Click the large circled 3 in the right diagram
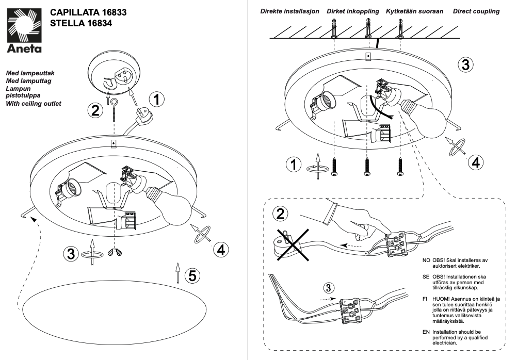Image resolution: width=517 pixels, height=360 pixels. (465, 65)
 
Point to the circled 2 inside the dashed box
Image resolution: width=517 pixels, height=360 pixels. (280, 214)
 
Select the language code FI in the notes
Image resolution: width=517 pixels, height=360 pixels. (426, 299)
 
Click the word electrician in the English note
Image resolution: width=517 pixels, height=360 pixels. (444, 342)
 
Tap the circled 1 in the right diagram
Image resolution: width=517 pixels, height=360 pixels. (294, 165)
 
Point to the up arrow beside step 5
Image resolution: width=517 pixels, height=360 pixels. (177, 271)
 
